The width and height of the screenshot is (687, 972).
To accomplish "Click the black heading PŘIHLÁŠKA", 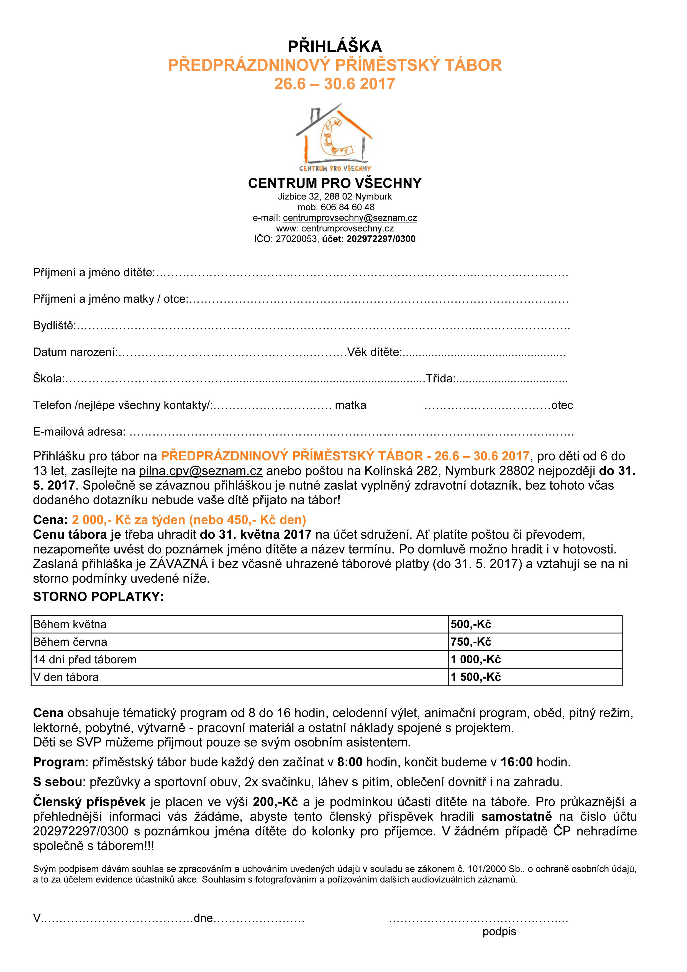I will [x=334, y=46].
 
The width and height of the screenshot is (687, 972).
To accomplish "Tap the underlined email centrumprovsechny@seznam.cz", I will [x=350, y=218].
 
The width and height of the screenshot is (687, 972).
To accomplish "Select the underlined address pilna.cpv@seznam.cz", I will [x=201, y=471].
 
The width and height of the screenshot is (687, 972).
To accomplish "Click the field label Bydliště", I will [x=54, y=326].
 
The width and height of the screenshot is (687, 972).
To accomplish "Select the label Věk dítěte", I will [x=373, y=352].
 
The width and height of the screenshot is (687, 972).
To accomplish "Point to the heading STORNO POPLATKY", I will [x=98, y=597].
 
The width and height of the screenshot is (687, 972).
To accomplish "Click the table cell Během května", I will [x=70, y=625].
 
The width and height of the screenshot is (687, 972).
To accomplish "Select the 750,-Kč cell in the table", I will [x=471, y=642].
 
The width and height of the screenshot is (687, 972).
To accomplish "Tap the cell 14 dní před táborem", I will [x=85, y=659].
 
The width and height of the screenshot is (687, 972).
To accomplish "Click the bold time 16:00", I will [x=516, y=763].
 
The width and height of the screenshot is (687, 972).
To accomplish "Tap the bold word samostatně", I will [x=516, y=817].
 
